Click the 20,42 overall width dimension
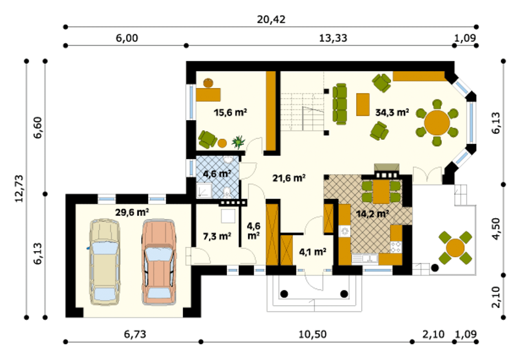(271, 20)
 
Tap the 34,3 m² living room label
(392, 113)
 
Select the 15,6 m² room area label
(230, 113)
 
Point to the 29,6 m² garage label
(132, 212)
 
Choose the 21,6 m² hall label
(289, 178)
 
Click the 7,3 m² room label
(217, 236)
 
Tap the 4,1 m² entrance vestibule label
(312, 252)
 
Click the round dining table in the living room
(437, 123)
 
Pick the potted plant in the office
(238, 142)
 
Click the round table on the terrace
(455, 248)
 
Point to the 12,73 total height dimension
(19, 189)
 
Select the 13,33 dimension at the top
(333, 38)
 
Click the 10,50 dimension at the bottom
(312, 334)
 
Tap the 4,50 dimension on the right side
(496, 229)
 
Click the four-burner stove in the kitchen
(396, 247)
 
